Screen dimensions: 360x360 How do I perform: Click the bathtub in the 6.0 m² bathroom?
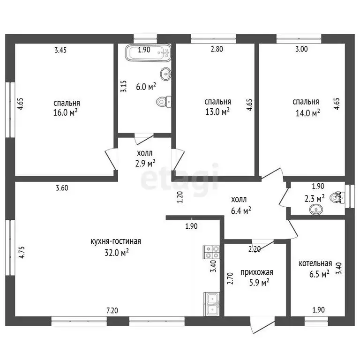coord(148,53)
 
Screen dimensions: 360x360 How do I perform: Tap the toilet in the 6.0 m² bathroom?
coord(164,102)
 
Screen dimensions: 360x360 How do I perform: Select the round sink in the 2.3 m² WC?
coord(316,210)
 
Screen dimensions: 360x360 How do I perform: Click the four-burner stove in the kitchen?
coord(211,252)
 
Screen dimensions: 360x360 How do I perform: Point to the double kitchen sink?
coord(211,304)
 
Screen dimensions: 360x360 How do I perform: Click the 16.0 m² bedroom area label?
coord(65,112)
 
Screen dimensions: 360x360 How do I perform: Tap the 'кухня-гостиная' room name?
coord(116,241)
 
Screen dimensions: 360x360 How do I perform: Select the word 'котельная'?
coord(315,263)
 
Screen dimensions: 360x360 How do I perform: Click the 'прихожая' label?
coord(257,272)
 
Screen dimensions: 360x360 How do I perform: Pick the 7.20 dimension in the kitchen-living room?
coord(112,311)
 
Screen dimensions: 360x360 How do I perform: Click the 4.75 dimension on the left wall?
coord(22,253)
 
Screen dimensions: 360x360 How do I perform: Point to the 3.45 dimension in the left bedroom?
coord(60,50)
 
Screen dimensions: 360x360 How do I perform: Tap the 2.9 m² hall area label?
coord(145,164)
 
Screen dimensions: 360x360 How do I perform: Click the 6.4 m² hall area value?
coord(241,210)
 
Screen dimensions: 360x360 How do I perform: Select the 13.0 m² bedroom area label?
coord(217,112)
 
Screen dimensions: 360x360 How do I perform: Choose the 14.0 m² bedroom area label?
coord(307,113)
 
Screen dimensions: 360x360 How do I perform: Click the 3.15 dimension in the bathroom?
coord(124,86)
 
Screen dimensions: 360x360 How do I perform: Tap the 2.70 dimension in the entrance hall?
coord(230,278)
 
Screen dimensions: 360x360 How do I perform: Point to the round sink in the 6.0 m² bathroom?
coord(166,74)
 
